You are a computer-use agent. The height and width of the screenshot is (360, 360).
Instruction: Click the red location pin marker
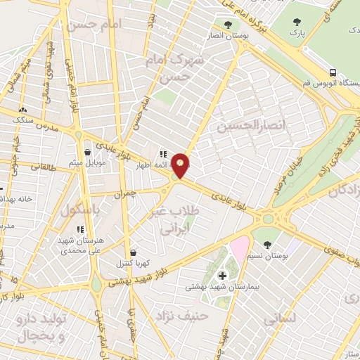(181, 165)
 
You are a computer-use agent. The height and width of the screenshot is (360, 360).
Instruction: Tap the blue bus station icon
(332, 73)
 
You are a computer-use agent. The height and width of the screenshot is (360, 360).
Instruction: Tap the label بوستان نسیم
(266, 255)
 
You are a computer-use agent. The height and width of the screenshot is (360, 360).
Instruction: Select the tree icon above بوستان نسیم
(266, 244)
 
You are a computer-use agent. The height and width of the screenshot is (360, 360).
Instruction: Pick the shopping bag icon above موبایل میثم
(87, 152)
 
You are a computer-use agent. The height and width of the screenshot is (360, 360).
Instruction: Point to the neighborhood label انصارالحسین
(243, 126)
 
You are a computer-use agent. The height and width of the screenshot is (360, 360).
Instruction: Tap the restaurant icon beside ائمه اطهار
(162, 154)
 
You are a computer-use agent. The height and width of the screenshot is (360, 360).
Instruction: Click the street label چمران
(124, 192)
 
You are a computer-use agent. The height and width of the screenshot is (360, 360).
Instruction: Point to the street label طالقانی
(41, 167)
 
